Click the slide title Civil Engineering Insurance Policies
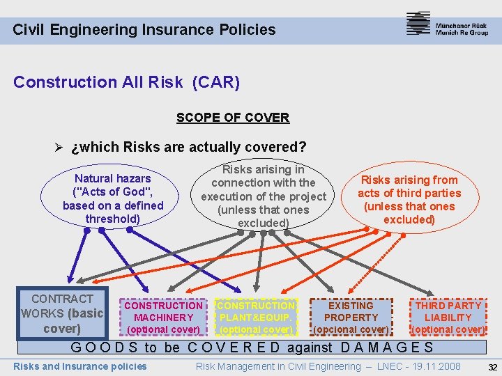click(144, 30)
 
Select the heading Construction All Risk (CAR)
click(126, 82)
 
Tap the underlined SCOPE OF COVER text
click(232, 118)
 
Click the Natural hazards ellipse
click(113, 198)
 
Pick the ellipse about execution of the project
click(263, 196)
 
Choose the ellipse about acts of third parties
click(409, 200)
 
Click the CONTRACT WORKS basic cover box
click(63, 313)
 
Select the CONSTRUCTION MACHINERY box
click(164, 317)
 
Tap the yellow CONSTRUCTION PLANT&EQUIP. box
click(256, 317)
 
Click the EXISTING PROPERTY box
click(351, 317)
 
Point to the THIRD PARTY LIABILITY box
click(448, 317)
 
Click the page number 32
click(492, 367)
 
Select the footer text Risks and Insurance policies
click(80, 366)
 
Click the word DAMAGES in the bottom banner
click(388, 347)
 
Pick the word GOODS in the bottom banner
click(106, 347)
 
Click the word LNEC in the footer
click(383, 366)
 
